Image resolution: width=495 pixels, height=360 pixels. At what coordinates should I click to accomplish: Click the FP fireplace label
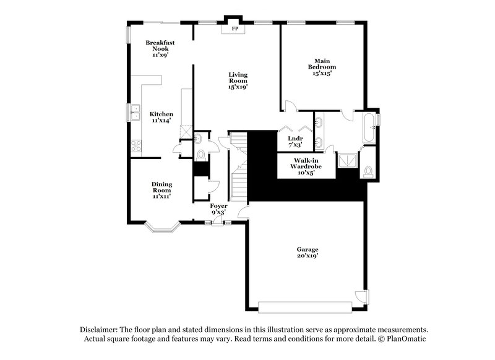[x=235, y=29]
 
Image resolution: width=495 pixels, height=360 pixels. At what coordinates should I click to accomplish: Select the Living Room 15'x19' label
[x=238, y=80]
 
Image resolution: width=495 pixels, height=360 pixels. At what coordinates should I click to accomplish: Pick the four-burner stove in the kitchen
[x=136, y=147]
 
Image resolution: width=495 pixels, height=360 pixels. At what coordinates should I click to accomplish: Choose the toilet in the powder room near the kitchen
[x=202, y=153]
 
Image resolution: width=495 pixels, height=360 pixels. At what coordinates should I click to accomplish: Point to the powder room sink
[x=200, y=138]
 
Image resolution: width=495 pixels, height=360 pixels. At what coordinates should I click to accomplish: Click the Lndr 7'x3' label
[x=295, y=142]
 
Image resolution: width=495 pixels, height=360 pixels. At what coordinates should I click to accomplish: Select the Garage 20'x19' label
[x=307, y=252]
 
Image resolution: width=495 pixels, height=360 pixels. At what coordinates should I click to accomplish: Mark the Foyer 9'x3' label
[x=219, y=208]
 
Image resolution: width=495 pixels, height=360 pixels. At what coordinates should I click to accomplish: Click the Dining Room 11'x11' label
[x=162, y=190]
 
